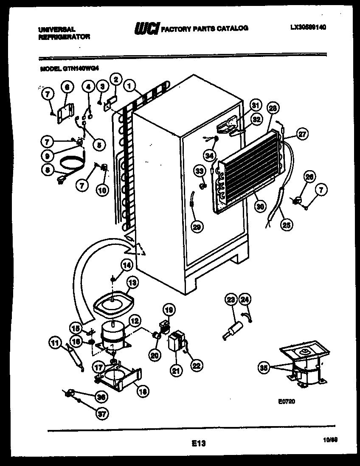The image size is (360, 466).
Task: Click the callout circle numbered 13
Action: pos(132,282)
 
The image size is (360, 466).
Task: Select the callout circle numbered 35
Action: pos(264,368)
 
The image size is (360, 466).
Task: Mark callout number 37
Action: pos(101,414)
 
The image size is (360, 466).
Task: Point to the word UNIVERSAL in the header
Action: pos(56,29)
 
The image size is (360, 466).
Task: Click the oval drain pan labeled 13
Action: pos(113,302)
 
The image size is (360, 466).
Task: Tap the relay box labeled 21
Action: pos(174,342)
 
